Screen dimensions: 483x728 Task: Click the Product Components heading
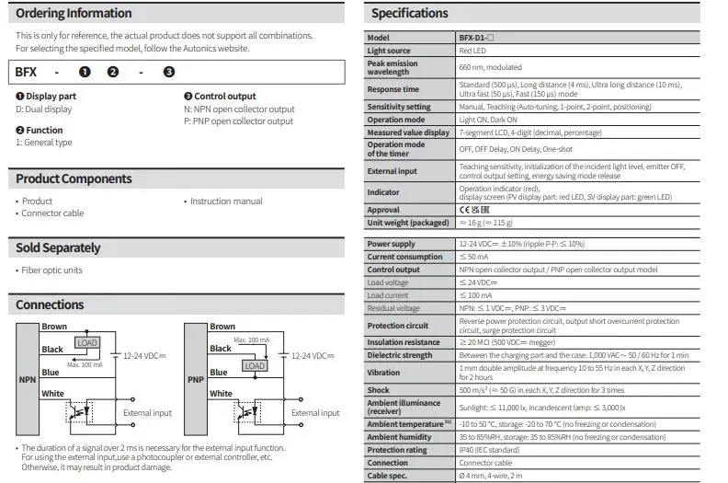(x=74, y=178)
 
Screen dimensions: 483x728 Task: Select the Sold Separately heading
(x=58, y=247)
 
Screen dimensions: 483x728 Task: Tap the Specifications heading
(x=409, y=14)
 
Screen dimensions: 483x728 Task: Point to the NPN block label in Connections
(x=26, y=379)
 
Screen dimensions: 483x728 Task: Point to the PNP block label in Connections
(x=195, y=379)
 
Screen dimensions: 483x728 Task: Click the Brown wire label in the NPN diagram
(x=54, y=327)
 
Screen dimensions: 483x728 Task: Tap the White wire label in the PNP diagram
(x=222, y=394)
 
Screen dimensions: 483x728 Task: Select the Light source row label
(x=388, y=51)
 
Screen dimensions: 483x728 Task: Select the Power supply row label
(x=391, y=244)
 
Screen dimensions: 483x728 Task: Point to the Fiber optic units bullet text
(x=51, y=270)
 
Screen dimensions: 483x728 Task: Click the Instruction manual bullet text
(x=226, y=201)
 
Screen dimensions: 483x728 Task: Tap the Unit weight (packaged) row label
(x=408, y=223)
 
